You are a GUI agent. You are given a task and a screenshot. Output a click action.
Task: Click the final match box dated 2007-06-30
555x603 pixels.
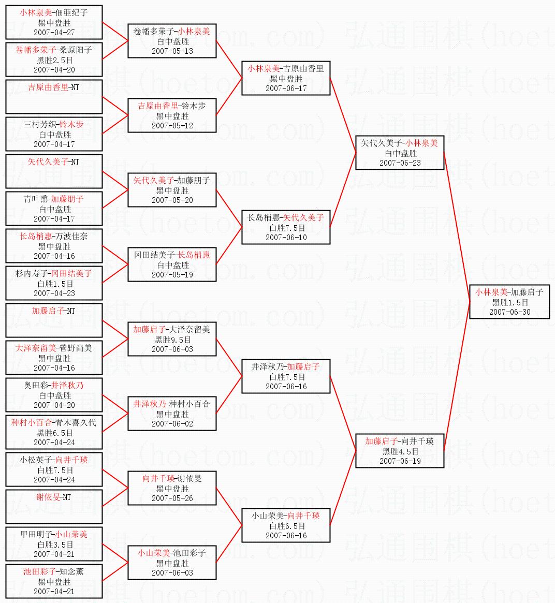(x=509, y=302)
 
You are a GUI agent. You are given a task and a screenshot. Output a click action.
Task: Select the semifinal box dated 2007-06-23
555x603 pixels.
(x=400, y=153)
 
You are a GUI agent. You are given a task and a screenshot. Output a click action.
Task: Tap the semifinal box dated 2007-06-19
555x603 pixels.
(x=400, y=451)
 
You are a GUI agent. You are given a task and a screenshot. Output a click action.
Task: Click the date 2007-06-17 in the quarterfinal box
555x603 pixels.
(x=286, y=89)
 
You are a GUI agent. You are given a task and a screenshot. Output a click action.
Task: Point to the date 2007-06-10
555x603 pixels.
(x=286, y=238)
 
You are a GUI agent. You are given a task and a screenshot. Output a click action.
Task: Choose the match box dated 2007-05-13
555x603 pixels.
(x=172, y=41)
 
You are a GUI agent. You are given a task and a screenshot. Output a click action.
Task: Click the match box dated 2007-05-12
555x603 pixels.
(x=172, y=115)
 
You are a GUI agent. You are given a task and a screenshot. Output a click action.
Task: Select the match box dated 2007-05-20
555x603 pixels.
(x=172, y=190)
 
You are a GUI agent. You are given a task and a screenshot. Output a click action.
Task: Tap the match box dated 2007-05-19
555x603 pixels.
(x=172, y=264)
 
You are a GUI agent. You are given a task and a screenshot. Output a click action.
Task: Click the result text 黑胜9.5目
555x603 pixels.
(x=172, y=340)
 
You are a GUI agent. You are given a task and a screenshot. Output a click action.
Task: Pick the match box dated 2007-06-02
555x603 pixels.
(x=172, y=414)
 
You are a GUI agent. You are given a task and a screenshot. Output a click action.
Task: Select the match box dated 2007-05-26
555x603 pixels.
(x=172, y=488)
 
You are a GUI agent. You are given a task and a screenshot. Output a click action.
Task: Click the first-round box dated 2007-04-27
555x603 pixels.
(x=54, y=22)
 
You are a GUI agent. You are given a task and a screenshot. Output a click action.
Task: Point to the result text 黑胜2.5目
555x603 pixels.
(x=54, y=60)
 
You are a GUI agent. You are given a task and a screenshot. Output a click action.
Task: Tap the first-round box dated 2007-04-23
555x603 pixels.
(x=54, y=283)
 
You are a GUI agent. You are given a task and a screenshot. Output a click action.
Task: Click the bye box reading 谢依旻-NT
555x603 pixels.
(x=54, y=507)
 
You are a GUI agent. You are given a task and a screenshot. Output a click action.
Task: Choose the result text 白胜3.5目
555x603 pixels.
(x=54, y=545)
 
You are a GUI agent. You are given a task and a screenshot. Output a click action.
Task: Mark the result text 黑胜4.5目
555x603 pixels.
(x=400, y=451)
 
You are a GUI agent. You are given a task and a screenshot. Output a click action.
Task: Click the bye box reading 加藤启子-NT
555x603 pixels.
(x=54, y=320)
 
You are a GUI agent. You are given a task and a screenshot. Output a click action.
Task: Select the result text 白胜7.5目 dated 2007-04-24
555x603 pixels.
(x=54, y=470)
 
